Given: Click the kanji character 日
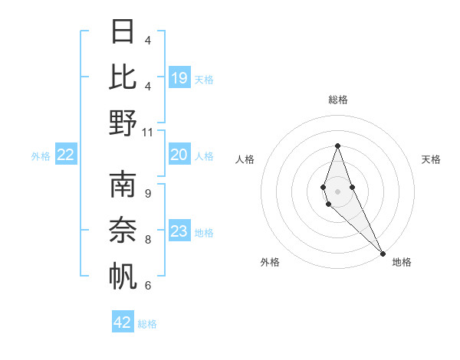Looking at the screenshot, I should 123,31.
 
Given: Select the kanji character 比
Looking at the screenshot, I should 123,77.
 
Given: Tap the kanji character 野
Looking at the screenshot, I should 123,123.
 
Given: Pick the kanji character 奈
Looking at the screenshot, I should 123,231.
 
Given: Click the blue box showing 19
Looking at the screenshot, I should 179,77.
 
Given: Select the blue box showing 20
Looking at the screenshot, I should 179,155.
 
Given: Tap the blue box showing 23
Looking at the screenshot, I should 179,231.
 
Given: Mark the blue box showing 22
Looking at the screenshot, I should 66,155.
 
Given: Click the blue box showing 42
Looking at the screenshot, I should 123,322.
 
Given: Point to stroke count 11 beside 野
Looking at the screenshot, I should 148,132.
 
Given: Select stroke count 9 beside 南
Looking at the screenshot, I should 148,193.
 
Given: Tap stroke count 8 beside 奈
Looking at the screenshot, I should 148,239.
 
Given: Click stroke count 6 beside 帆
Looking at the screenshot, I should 148,285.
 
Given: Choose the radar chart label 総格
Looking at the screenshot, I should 338,100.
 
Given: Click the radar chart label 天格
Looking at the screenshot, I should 432,159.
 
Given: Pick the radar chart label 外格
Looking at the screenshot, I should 270,263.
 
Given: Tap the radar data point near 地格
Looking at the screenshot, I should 383,252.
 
